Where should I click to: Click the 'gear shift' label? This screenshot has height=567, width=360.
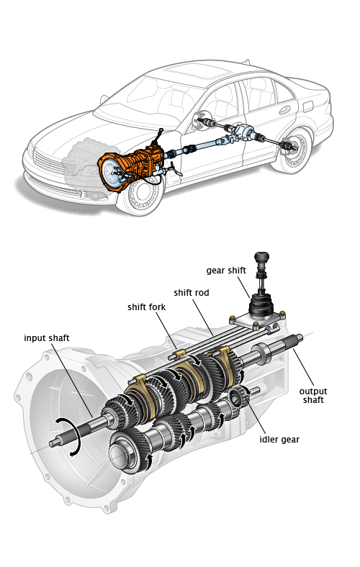(226, 271)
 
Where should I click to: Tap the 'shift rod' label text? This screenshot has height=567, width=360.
(192, 293)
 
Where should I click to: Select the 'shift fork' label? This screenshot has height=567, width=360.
(147, 307)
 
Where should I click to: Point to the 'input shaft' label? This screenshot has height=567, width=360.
(47, 338)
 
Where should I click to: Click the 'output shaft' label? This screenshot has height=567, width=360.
(313, 396)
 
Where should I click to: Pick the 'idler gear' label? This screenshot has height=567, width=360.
(279, 440)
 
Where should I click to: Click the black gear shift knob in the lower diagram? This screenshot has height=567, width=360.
(261, 258)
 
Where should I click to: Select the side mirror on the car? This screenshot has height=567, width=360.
(104, 99)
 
